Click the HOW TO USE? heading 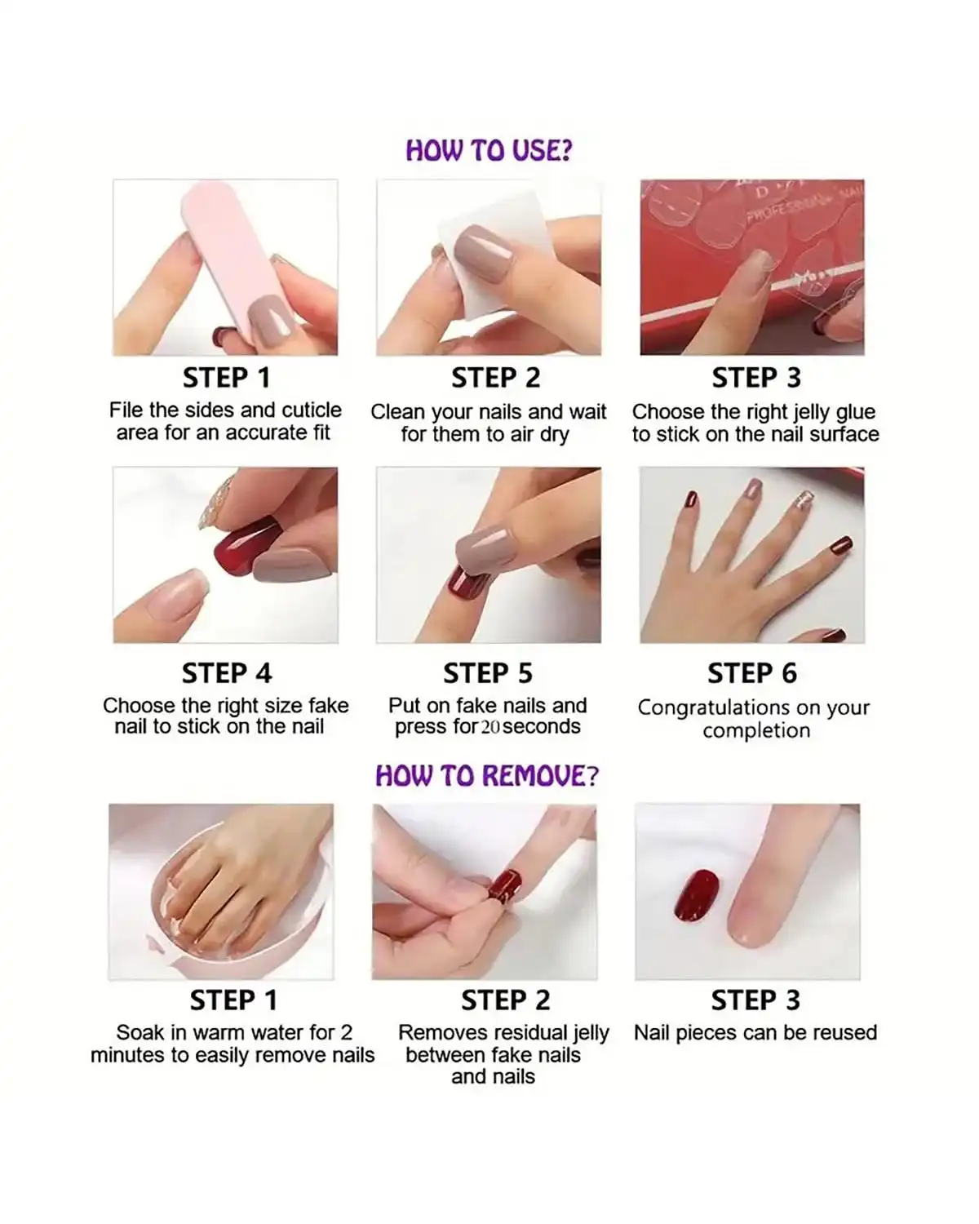[x=489, y=150]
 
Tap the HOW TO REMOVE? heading [x=487, y=775]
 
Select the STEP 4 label [x=226, y=673]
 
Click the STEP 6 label [x=751, y=673]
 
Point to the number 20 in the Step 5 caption [x=490, y=727]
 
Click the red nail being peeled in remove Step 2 [x=506, y=885]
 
